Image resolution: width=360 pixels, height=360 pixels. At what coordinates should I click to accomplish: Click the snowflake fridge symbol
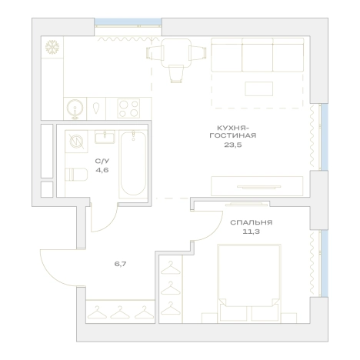pos(52,47)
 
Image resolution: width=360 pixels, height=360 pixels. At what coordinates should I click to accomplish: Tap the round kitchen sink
pos(75,108)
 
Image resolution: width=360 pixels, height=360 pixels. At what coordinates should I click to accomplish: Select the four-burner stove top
pos(128,108)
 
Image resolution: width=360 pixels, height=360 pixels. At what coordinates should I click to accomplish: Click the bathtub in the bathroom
pos(133,164)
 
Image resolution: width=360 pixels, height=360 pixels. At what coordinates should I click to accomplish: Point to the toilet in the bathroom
pos(76,175)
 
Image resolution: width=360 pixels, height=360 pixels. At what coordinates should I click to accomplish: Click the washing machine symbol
pos(77,142)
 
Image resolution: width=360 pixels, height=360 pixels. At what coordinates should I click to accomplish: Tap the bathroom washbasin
pos(105,136)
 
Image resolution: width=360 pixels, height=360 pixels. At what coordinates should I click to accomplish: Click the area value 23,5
pos(233,145)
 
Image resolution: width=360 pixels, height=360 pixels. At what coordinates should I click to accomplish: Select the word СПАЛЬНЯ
pos(251,222)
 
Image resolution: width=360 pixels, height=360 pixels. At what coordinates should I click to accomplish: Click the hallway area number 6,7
pos(121,264)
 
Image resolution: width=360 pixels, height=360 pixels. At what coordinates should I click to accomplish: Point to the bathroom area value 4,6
pos(102,170)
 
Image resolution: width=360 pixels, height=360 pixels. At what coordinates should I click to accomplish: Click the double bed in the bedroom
pos(249,283)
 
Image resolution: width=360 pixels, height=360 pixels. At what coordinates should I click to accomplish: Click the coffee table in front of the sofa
pos(258,88)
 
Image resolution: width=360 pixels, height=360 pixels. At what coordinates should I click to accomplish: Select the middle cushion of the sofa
pos(258,55)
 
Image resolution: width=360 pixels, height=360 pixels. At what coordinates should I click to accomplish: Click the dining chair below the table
pos(176,74)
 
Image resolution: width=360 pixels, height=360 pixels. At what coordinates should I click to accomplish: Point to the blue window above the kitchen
pos(128,22)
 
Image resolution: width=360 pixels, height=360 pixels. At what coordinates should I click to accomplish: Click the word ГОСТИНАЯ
pos(233,135)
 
